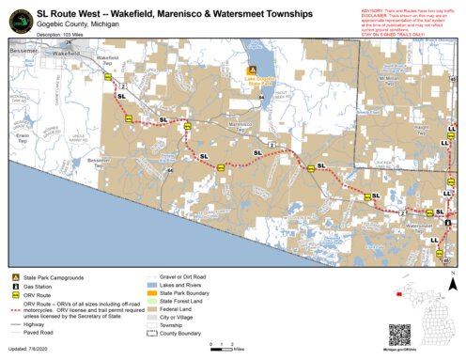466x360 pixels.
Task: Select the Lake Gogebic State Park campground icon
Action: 252,70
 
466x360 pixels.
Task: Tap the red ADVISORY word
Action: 373,7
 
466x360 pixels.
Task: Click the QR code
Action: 401,335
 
